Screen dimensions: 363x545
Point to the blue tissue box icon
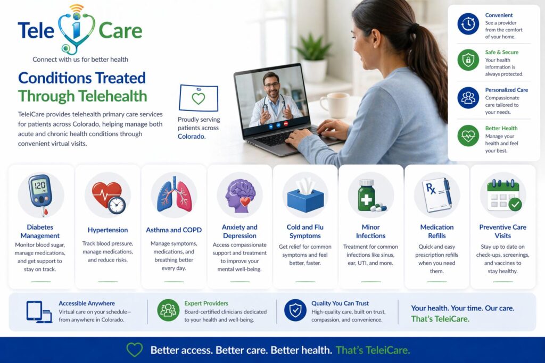tap(305, 196)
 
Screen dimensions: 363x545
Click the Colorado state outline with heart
tap(198, 98)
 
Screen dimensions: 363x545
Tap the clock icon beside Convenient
tap(468, 24)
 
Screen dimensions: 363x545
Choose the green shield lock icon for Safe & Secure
tap(468, 60)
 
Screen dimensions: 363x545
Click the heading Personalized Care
tap(506, 90)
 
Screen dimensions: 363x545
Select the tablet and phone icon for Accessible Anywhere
tap(39, 311)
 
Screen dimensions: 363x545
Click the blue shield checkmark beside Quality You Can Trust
tap(295, 310)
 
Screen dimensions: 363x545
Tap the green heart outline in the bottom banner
tap(135, 350)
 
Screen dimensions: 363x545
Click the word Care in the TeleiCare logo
tap(120, 30)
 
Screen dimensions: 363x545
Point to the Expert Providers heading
tap(206, 303)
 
